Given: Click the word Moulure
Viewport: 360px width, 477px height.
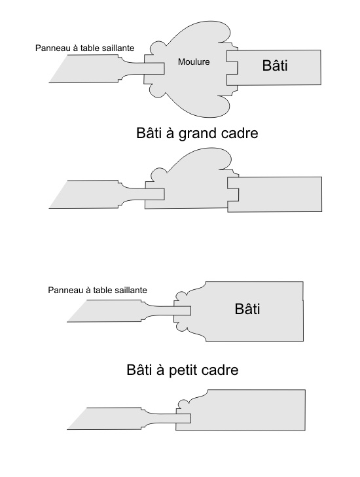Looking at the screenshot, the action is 194,62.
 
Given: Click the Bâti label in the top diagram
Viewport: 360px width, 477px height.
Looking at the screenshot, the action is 275,65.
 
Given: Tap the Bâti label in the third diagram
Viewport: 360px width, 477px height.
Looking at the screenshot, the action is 247,308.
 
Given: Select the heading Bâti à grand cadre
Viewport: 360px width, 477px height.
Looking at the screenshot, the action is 197,133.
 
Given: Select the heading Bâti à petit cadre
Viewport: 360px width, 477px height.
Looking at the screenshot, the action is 183,370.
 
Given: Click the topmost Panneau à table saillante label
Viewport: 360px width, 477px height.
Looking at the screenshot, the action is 84,48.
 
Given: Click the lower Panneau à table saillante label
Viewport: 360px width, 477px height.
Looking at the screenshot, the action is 98,291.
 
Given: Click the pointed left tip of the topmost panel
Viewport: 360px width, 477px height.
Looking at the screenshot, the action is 49,82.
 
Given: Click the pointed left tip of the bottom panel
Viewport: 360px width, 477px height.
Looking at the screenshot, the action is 67,429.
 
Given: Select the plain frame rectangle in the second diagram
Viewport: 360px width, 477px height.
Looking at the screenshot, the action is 274,194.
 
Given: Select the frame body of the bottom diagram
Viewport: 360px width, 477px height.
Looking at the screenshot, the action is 240,410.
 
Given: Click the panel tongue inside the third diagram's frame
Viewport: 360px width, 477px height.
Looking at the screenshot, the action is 182,311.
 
